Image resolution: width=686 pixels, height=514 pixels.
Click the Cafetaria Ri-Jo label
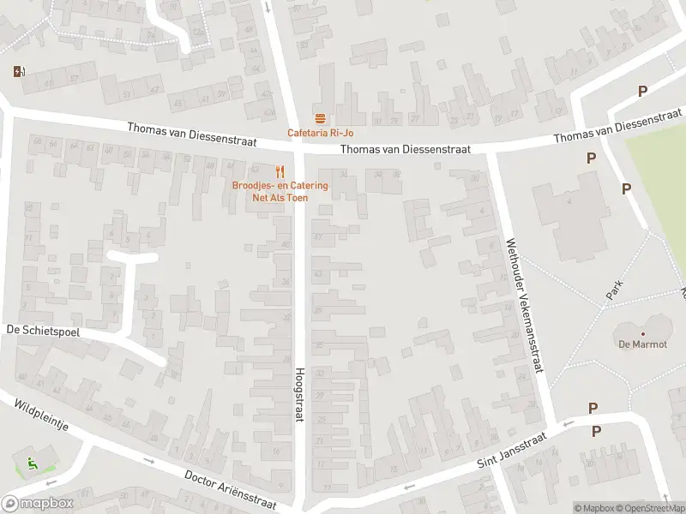pyautogui.click(x=320, y=133)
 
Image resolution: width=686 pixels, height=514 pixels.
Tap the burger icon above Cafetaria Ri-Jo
pyautogui.click(x=320, y=118)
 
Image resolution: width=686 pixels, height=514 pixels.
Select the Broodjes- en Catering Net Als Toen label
pyautogui.click(x=280, y=191)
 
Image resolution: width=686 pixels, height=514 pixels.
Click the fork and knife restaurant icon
pyautogui.click(x=280, y=170)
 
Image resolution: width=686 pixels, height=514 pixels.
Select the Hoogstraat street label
pyautogui.click(x=300, y=395)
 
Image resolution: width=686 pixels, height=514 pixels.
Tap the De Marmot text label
pyautogui.click(x=642, y=345)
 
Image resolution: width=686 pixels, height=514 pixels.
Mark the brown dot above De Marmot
pyautogui.click(x=642, y=334)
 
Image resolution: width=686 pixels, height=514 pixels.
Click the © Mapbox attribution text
pyautogui.click(x=595, y=508)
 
